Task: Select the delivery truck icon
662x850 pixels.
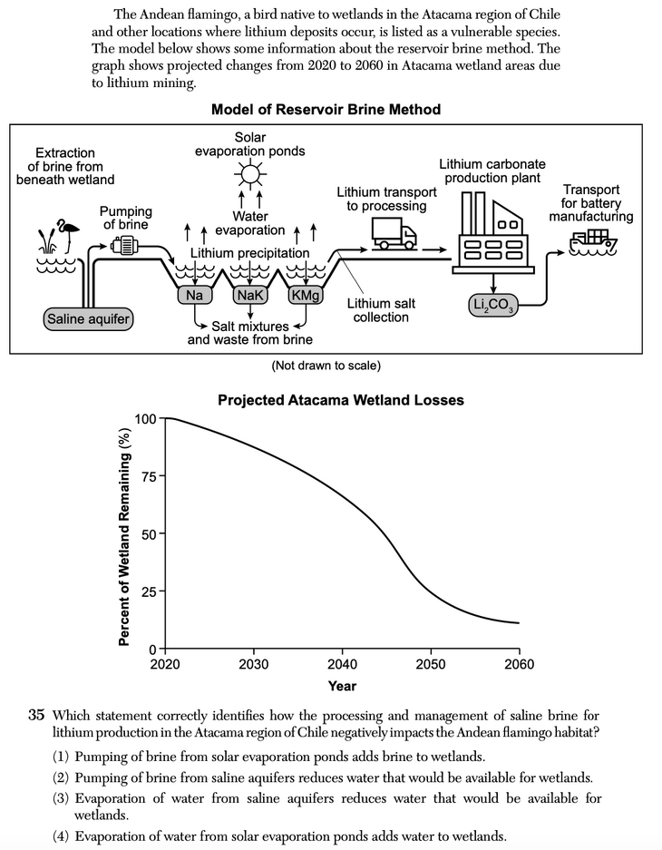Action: point(394,235)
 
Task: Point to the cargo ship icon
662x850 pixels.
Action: point(594,240)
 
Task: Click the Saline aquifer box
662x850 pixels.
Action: point(88,318)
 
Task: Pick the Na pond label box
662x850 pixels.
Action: point(193,295)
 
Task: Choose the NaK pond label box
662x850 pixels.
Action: point(249,295)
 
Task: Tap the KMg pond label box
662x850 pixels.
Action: point(305,295)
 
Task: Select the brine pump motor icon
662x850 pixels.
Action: point(122,243)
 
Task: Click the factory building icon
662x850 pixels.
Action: point(490,231)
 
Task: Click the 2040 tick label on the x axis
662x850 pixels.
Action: point(341,664)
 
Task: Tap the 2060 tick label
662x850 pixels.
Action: point(518,664)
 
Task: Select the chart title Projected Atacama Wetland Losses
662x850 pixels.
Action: point(341,400)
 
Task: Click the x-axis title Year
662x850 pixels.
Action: point(342,686)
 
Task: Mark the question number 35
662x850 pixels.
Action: point(36,716)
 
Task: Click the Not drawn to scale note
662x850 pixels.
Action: point(326,366)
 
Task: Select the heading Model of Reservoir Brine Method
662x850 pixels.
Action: point(326,110)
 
